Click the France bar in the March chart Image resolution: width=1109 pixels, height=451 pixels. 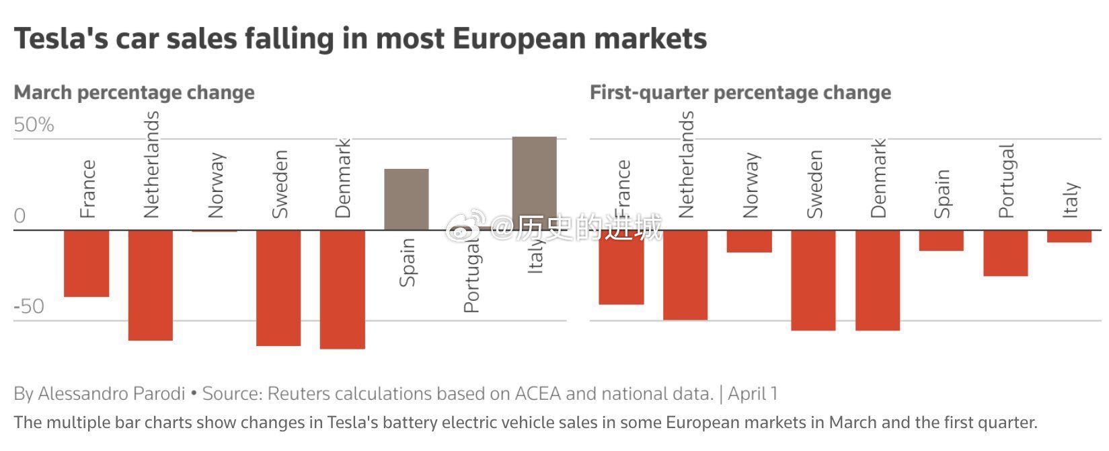(x=86, y=263)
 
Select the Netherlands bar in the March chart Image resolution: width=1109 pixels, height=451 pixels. (x=151, y=285)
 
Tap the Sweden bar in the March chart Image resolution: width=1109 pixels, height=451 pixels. (x=278, y=287)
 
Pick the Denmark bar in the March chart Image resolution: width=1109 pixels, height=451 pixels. (x=342, y=289)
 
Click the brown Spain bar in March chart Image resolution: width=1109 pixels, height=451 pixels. (x=406, y=199)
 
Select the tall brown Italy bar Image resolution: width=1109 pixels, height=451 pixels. (x=534, y=183)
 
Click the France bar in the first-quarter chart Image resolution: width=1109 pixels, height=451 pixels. (x=621, y=267)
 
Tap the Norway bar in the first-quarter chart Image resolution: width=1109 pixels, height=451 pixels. (x=749, y=241)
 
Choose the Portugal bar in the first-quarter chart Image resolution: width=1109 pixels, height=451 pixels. (x=1005, y=253)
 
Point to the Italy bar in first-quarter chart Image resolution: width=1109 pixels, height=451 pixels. (x=1069, y=236)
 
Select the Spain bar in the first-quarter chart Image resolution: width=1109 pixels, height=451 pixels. (x=941, y=240)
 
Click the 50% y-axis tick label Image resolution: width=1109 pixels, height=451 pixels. (x=34, y=125)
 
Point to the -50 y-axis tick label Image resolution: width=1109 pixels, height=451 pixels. (x=29, y=306)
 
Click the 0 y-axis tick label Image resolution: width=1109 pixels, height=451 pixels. (x=20, y=216)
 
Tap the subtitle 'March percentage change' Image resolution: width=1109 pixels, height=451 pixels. (x=134, y=93)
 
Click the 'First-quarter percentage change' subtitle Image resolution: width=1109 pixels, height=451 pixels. (x=740, y=93)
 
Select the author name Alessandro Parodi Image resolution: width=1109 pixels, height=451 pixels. (x=111, y=394)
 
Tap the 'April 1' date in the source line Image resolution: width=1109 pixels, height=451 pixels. (x=753, y=394)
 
